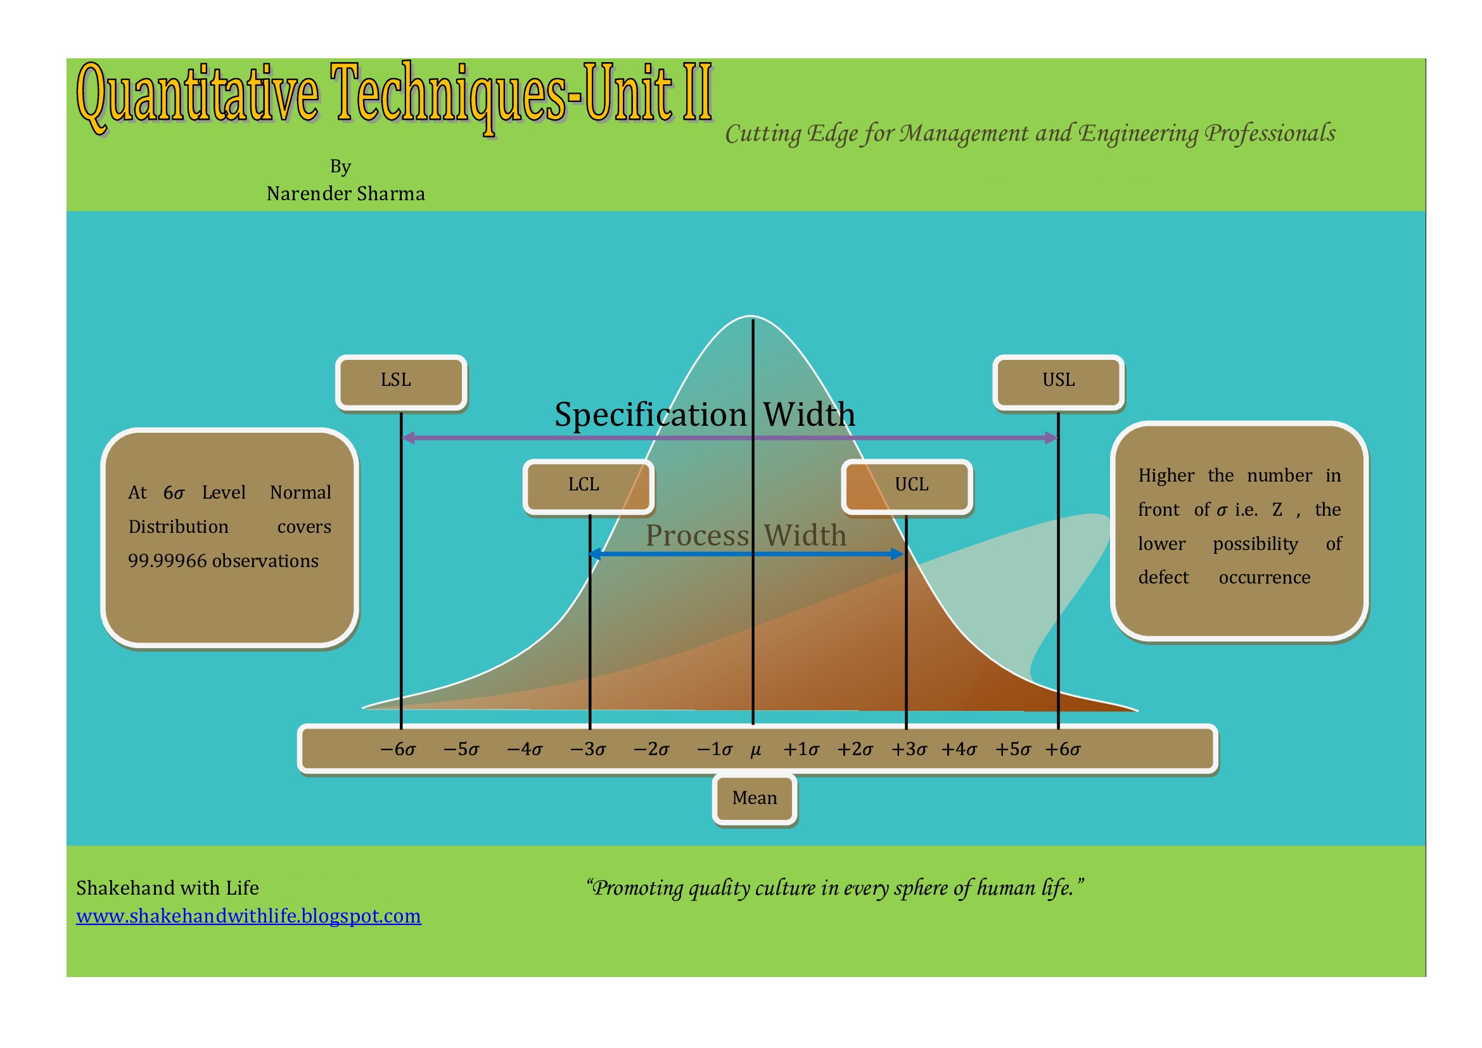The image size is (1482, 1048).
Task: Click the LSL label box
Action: pos(401,382)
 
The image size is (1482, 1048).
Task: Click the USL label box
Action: pos(1058,382)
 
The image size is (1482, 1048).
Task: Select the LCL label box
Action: pos(588,487)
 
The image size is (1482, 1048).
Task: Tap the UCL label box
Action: pos(907,487)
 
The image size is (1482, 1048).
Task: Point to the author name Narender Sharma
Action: pos(346,194)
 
